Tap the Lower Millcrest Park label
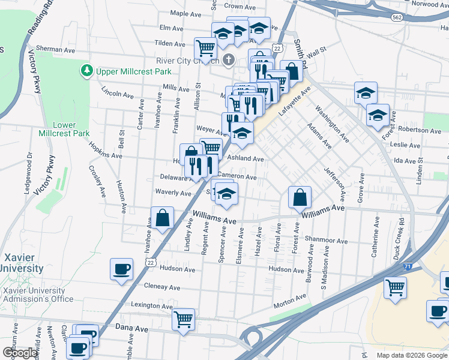[x=64, y=129]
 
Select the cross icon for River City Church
[x=228, y=59]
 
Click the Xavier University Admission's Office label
[x=38, y=295]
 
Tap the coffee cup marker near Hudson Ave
[x=121, y=268]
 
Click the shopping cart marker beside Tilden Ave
[x=205, y=47]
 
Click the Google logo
[x=20, y=353]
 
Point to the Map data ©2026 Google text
[x=412, y=355]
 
